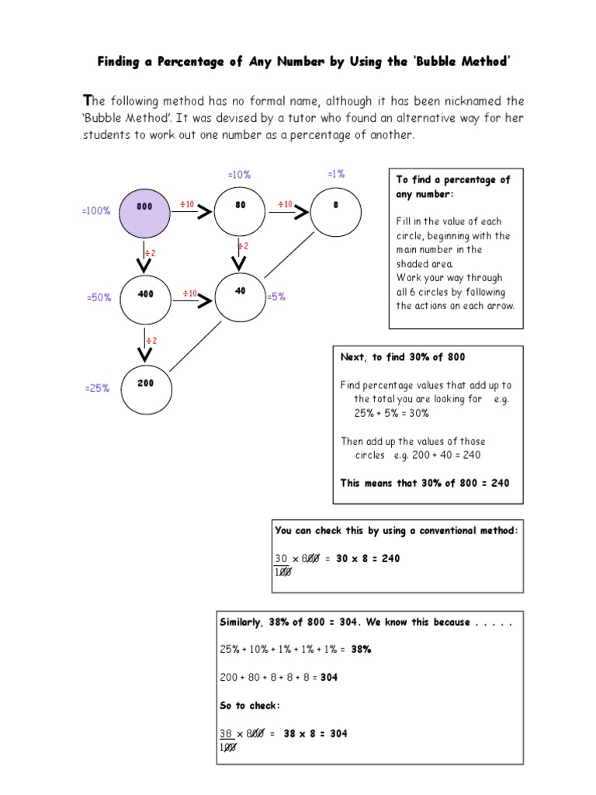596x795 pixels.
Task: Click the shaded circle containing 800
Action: pyautogui.click(x=144, y=214)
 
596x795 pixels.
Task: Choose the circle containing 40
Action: pyautogui.click(x=240, y=296)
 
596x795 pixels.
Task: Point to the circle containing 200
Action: pyautogui.click(x=144, y=384)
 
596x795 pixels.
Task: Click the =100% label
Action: pyautogui.click(x=97, y=211)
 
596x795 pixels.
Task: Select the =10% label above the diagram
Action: pyautogui.click(x=239, y=175)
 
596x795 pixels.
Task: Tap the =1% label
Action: pyautogui.click(x=336, y=174)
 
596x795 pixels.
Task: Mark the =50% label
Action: pyautogui.click(x=99, y=297)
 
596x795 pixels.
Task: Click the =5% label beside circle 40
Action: pyautogui.click(x=276, y=297)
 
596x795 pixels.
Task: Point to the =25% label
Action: pyautogui.click(x=97, y=388)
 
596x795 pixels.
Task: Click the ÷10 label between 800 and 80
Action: pyautogui.click(x=187, y=204)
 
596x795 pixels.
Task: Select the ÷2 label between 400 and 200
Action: pyautogui.click(x=151, y=340)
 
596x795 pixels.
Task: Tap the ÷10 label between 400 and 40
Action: pyautogui.click(x=189, y=293)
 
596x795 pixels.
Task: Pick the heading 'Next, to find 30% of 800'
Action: pyautogui.click(x=403, y=356)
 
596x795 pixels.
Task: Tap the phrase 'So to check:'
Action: pyautogui.click(x=249, y=705)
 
